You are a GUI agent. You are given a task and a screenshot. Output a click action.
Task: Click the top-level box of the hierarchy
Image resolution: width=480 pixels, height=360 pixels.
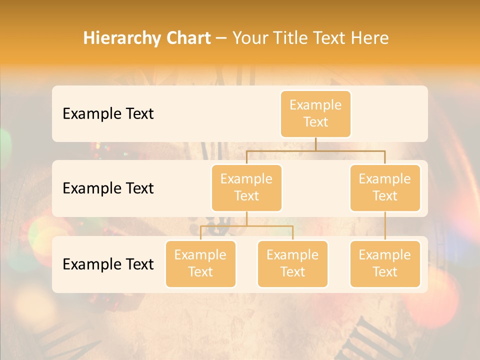tap(315, 113)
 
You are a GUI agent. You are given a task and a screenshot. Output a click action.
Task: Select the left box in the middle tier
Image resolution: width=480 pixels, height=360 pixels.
tap(246, 187)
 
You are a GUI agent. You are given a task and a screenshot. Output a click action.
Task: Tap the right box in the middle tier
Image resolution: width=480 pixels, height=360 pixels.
tap(385, 187)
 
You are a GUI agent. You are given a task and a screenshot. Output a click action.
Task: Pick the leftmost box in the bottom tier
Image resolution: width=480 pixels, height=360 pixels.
tap(200, 263)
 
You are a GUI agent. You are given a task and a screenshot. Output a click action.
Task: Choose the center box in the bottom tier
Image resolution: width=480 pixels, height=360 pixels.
tap(292, 263)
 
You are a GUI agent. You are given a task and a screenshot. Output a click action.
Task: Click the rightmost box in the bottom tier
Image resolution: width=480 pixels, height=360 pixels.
tap(385, 263)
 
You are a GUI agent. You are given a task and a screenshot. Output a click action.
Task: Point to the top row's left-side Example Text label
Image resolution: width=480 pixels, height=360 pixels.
tap(108, 113)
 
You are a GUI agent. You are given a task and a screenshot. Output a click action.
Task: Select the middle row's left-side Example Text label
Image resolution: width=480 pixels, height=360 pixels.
tap(108, 188)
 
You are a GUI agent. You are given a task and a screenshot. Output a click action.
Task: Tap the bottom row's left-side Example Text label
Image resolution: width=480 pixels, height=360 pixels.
tap(108, 264)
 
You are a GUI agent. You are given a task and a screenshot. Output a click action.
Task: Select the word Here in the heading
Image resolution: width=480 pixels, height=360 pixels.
tap(370, 38)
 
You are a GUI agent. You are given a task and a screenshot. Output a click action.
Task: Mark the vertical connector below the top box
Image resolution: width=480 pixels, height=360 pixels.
tap(315, 143)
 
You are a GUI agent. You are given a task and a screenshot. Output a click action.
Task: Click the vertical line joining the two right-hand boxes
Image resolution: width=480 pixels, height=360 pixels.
tap(385, 226)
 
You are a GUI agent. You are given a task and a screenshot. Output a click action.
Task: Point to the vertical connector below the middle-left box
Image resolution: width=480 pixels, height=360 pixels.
tap(246, 218)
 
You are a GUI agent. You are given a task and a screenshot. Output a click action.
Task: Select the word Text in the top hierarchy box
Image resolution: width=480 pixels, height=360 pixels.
tap(315, 122)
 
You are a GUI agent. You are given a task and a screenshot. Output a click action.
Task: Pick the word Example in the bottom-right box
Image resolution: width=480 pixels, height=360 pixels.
tap(385, 255)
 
